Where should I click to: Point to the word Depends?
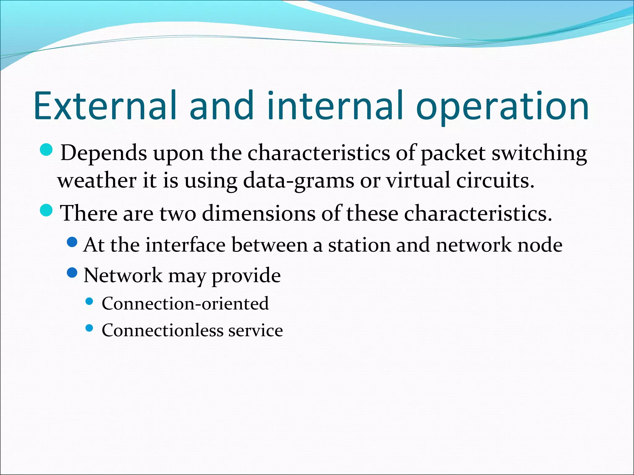tap(103, 153)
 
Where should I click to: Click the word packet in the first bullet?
tap(453, 153)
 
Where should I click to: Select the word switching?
tap(539, 153)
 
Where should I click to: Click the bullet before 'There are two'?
tap(47, 211)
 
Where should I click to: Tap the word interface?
tap(186, 245)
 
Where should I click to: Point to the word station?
tap(359, 245)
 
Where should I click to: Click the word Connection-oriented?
tap(185, 303)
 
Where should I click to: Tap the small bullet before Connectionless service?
tap(89, 328)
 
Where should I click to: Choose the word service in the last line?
tap(255, 330)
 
